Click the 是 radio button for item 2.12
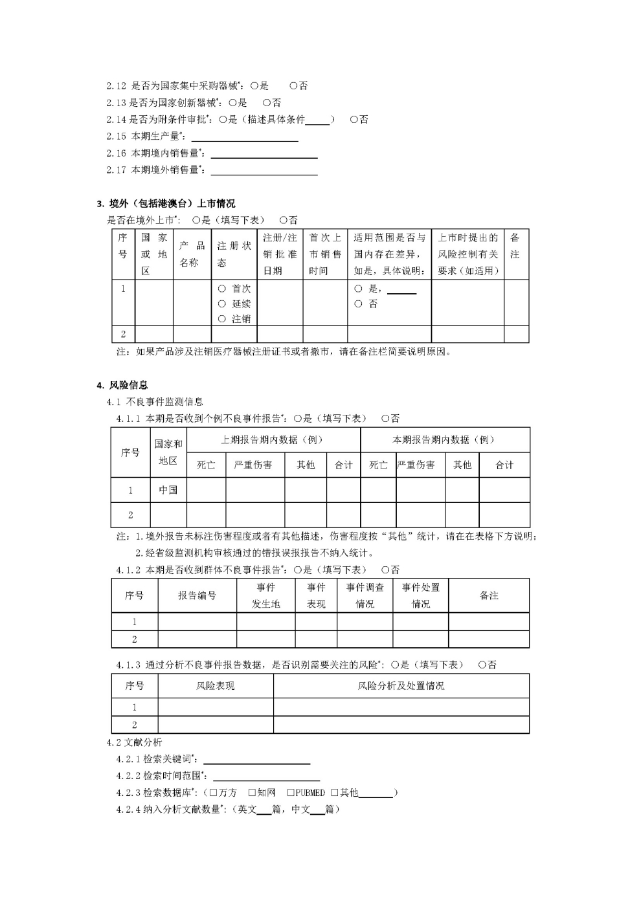(254, 85)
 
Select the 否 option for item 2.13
(267, 102)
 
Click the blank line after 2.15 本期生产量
(245, 137)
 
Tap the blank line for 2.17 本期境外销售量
(264, 171)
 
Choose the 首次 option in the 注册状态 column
(222, 289)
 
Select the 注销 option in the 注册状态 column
(222, 319)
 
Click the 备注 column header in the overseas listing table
(515, 246)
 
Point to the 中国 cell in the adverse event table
(168, 490)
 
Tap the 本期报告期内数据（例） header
(444, 439)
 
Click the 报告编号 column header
(197, 595)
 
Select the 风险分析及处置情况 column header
(401, 686)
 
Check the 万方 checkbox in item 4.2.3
(213, 793)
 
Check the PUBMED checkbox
(291, 793)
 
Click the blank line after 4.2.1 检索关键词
(256, 760)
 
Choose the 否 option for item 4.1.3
(482, 665)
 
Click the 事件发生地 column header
(265, 595)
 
